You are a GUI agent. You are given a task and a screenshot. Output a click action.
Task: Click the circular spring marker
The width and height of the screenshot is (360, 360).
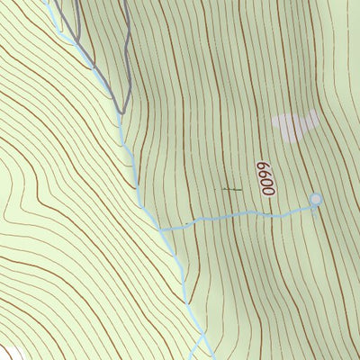click(x=315, y=199)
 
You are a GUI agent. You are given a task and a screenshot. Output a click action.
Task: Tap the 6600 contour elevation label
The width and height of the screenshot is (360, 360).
click(x=265, y=179)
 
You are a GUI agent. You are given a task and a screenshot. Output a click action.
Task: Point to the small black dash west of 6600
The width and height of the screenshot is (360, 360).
click(x=231, y=189)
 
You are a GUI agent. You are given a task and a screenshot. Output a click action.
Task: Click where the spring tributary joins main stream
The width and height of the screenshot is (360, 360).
click(x=161, y=229)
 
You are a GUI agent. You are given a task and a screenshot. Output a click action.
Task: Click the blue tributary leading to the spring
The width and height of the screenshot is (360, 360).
click(x=243, y=214)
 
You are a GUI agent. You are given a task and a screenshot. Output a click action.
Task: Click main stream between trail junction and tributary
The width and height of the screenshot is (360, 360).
click(x=135, y=171)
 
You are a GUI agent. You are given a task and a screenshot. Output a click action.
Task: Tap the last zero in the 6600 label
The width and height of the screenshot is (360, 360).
click(x=265, y=166)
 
